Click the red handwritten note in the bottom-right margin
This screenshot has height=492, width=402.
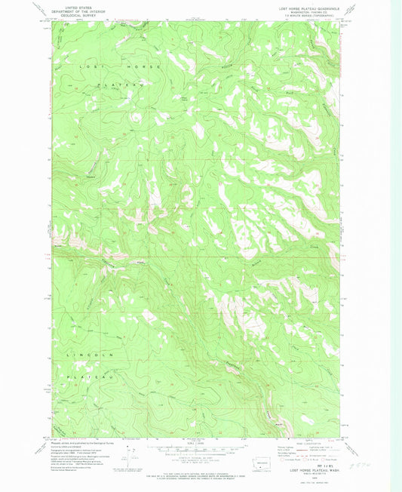coord(369,467)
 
